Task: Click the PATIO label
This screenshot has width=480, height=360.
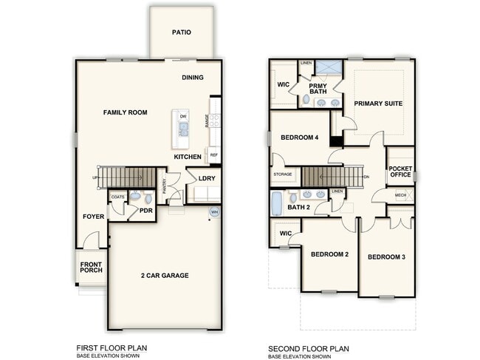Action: (182, 33)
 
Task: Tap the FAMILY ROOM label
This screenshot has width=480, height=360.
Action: (125, 112)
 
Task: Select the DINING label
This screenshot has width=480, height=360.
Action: (193, 77)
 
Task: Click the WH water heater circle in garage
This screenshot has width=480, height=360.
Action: (215, 212)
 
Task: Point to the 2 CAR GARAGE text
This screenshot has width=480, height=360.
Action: (165, 276)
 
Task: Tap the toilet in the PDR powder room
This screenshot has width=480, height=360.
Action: (136, 197)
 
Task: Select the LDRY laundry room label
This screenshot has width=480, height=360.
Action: (206, 178)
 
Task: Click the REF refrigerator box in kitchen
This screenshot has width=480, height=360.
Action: (213, 155)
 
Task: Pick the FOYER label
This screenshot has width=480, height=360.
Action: (93, 217)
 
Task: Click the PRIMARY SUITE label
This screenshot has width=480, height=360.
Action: (378, 103)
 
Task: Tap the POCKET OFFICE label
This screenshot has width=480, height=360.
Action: (400, 171)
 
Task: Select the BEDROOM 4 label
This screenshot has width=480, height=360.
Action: (299, 137)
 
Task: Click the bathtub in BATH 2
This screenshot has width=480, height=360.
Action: (278, 201)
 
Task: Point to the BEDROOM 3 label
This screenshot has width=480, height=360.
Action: (387, 257)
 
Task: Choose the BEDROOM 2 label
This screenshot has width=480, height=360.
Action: (329, 255)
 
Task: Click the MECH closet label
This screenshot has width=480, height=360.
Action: (400, 195)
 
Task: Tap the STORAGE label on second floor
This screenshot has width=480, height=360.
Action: (283, 174)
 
